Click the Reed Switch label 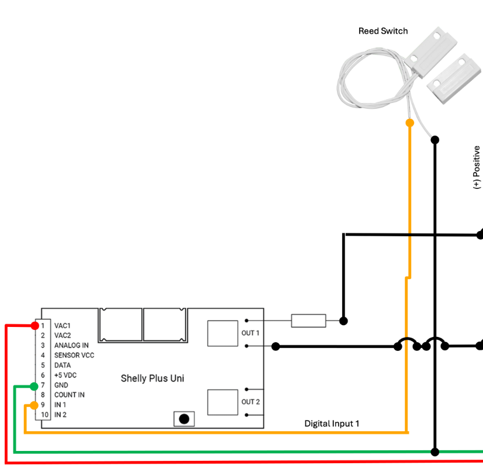coord(383,31)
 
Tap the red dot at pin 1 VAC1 coord(35,325)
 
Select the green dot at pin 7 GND coord(34,386)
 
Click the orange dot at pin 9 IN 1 coord(34,405)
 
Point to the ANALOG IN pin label coord(71,345)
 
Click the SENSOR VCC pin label coord(74,355)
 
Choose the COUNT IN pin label coord(70,395)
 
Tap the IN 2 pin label coord(60,415)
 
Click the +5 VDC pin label coord(65,375)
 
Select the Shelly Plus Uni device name coord(152,378)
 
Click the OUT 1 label coord(251,333)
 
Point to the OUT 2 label coord(251,402)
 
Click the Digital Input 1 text coord(332,423)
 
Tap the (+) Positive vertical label coord(477,167)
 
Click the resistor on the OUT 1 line coord(308,321)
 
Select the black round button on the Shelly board coord(184,419)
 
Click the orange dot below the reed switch coord(409,123)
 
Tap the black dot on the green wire coord(435,452)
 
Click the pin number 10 coord(44,415)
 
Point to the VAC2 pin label coord(62,335)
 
